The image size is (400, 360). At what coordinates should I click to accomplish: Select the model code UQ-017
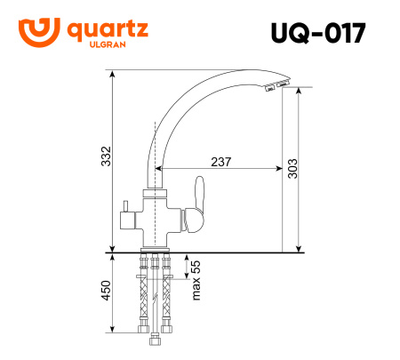point(316,32)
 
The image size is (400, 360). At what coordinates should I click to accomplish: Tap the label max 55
point(196,280)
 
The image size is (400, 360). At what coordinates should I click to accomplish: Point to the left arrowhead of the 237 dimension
point(159,168)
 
